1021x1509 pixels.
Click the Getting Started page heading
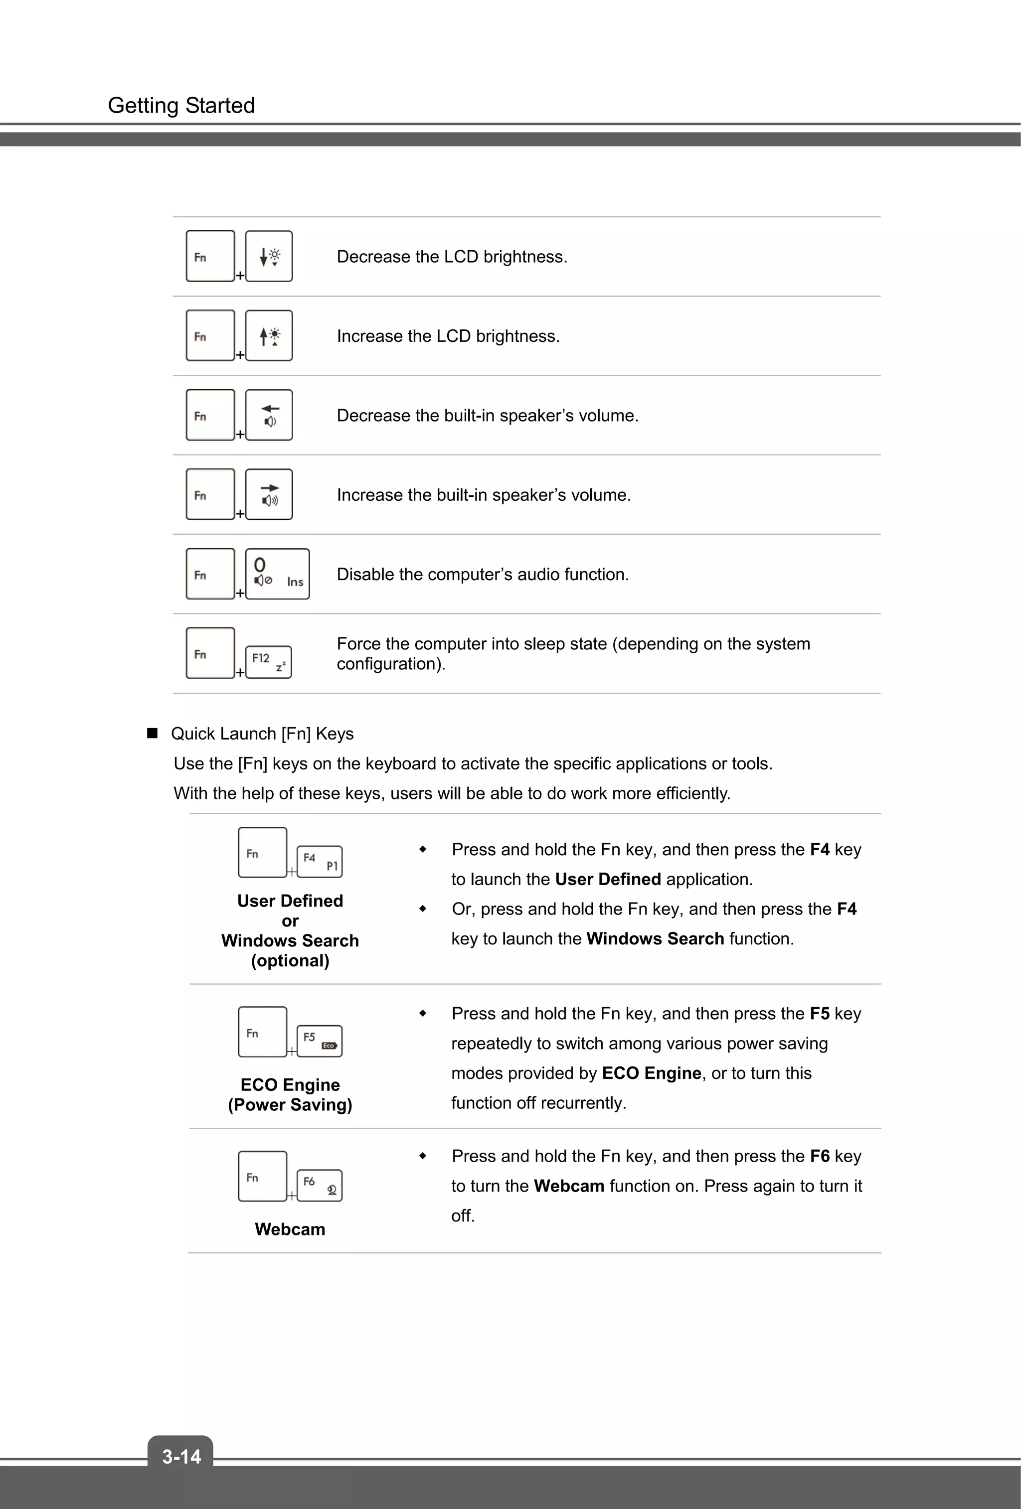click(181, 105)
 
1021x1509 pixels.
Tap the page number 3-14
click(181, 1456)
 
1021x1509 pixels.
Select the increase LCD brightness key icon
click(269, 336)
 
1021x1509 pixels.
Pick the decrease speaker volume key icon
click(269, 415)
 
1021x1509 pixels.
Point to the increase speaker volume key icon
click(269, 495)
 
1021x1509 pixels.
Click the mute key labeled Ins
click(277, 574)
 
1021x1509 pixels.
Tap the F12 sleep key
click(268, 662)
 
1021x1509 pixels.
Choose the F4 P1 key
click(320, 862)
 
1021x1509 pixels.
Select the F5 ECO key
click(320, 1041)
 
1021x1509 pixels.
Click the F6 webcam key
click(320, 1185)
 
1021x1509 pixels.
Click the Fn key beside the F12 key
click(210, 653)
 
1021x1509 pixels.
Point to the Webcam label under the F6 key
click(290, 1229)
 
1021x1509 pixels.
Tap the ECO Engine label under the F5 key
click(290, 1085)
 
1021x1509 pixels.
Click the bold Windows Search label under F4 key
click(290, 941)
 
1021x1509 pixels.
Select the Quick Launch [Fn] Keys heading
click(262, 734)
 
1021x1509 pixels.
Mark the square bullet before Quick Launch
click(153, 734)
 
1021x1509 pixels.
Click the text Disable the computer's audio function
click(483, 575)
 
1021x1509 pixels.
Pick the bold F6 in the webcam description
click(820, 1157)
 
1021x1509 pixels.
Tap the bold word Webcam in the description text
click(569, 1186)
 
